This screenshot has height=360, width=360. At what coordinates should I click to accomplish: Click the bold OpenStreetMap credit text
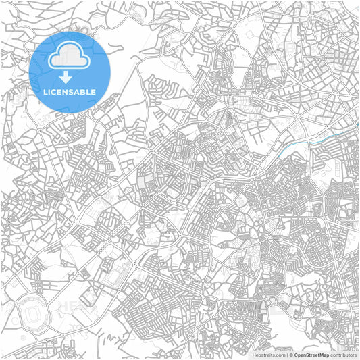[311, 355]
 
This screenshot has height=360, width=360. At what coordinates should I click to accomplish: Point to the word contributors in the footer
[344, 355]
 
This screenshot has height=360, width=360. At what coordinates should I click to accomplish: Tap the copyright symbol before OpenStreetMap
[290, 355]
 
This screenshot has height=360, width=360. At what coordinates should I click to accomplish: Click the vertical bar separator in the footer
[286, 355]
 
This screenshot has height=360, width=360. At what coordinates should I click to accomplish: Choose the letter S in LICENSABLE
[68, 91]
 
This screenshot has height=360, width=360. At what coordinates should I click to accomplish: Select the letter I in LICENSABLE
[46, 91]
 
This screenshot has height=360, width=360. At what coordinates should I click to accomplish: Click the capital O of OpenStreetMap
[296, 355]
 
